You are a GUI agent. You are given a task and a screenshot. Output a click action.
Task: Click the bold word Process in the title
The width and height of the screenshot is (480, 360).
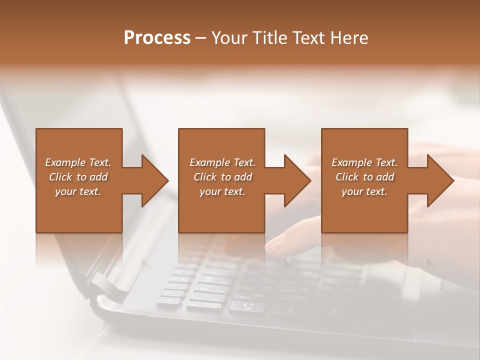point(157,38)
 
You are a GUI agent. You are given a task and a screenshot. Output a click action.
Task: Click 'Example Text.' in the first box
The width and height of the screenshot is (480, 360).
point(78,162)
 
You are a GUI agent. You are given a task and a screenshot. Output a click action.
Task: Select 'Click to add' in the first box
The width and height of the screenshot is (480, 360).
point(78,177)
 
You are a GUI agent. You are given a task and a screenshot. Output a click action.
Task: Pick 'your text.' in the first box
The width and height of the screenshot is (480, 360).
point(78,191)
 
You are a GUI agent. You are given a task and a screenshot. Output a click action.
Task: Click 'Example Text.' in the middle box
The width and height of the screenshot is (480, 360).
point(222,162)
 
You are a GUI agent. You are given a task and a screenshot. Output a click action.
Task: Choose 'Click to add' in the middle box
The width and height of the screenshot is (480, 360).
point(222,177)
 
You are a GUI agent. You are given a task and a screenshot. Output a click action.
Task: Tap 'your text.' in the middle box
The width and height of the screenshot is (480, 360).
point(222,191)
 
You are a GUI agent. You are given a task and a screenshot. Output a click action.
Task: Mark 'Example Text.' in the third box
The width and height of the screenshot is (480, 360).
point(364,162)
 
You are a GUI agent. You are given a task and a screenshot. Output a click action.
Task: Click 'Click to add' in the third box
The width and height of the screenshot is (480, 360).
point(364,177)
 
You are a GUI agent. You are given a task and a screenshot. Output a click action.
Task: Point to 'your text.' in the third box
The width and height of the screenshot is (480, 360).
point(364,191)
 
